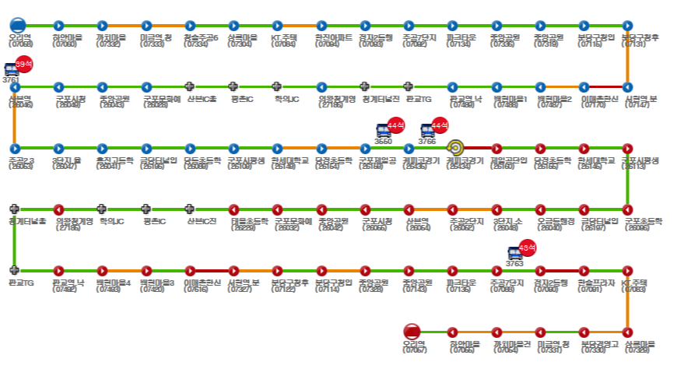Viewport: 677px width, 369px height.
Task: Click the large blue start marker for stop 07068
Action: (x=18, y=25)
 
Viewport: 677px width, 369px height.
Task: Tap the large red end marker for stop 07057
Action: (x=412, y=332)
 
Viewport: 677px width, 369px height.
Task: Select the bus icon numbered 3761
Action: (x=11, y=70)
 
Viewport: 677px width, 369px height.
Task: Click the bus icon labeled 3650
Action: (x=384, y=131)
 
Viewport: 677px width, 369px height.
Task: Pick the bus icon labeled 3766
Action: (x=427, y=131)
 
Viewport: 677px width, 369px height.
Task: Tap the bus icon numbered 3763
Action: (x=515, y=254)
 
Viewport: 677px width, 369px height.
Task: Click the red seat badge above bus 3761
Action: (x=24, y=63)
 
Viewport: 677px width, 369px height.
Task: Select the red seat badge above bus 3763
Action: (x=528, y=248)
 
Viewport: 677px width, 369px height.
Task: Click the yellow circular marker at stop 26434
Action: (x=456, y=147)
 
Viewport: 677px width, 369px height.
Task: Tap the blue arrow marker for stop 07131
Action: (x=628, y=26)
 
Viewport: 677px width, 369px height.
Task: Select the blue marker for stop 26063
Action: (x=14, y=147)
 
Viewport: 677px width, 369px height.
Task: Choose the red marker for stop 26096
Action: (x=628, y=209)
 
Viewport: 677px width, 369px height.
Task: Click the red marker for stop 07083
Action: (x=628, y=270)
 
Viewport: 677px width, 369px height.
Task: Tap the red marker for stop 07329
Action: (x=628, y=332)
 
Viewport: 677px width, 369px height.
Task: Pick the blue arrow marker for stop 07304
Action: (x=233, y=26)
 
